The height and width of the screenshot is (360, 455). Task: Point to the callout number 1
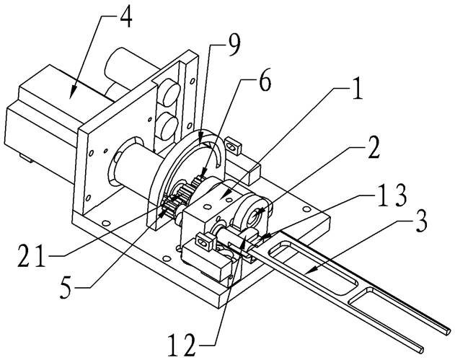tap(358, 89)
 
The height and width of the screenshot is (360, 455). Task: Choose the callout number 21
tap(32, 256)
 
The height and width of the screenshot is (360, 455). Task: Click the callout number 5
tap(66, 287)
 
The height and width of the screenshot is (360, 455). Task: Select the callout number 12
tap(183, 346)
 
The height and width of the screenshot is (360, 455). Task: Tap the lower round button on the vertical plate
tap(168, 124)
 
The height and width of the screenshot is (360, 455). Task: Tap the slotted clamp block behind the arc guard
tap(233, 144)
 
